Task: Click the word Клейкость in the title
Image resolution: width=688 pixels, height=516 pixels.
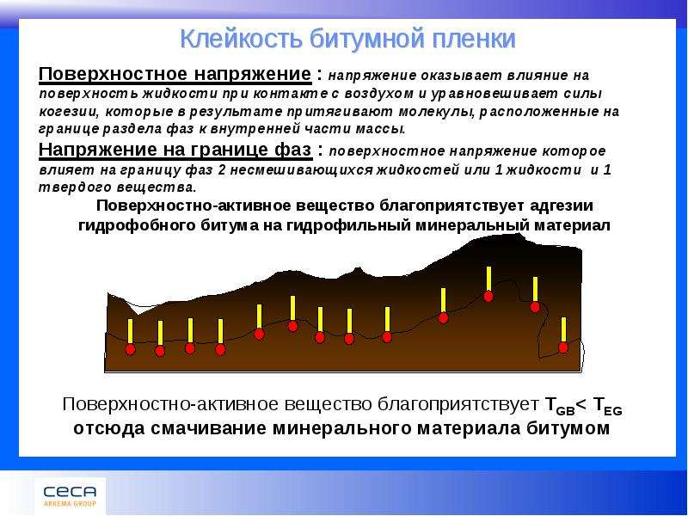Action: point(241,39)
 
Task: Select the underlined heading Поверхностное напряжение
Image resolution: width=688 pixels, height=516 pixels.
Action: point(175,75)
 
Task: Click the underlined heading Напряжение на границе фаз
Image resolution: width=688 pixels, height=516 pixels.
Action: point(175,150)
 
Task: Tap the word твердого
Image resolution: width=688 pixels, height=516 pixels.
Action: point(75,187)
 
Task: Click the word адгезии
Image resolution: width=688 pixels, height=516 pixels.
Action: point(562,206)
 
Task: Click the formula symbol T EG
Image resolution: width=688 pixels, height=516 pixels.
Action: point(607,405)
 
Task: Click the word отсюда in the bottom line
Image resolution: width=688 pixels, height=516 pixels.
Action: point(109,428)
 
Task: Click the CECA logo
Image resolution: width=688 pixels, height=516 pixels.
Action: point(70,495)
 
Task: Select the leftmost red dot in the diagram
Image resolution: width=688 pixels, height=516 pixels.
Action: point(131,349)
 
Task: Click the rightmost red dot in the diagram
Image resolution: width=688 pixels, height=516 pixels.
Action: point(563,347)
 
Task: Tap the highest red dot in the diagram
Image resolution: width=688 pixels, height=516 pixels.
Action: point(488,296)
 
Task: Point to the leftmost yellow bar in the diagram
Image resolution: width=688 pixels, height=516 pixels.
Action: point(131,331)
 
